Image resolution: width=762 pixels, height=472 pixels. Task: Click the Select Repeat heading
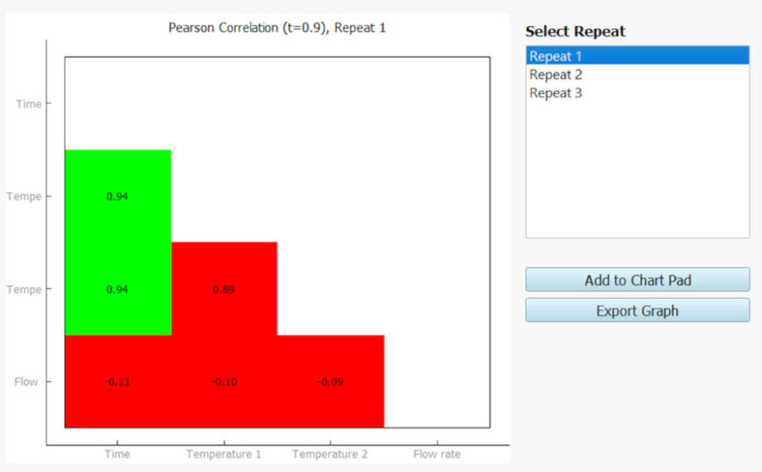tap(575, 31)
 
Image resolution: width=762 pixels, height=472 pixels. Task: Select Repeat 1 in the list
tap(556, 56)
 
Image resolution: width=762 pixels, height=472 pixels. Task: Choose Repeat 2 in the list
tap(556, 74)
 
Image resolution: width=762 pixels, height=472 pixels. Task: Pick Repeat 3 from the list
tap(556, 93)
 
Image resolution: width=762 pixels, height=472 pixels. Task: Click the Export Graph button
tap(637, 310)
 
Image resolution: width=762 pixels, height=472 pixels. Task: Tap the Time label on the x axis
tap(117, 453)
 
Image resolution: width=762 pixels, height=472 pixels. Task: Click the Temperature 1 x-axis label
tap(223, 453)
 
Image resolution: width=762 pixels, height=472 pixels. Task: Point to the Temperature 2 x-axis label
tap(330, 453)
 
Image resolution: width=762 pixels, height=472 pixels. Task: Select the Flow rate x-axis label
tap(437, 453)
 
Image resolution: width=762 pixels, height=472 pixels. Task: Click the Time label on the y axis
tap(29, 103)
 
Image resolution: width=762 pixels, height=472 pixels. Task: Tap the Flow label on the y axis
tap(26, 382)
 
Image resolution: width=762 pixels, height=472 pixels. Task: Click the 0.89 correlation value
tap(223, 290)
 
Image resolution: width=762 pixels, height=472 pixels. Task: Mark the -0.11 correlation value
tap(117, 382)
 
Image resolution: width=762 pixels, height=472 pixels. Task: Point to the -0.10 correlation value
tap(223, 382)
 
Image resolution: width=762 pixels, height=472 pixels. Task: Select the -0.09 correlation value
tap(330, 382)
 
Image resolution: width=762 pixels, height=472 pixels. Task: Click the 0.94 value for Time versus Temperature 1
tap(117, 197)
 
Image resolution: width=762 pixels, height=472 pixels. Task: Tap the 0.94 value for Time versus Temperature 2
tap(117, 290)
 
